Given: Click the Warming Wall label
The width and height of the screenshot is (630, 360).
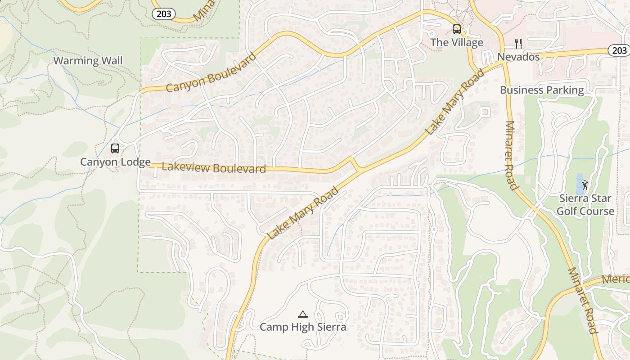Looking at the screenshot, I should pyautogui.click(x=88, y=61).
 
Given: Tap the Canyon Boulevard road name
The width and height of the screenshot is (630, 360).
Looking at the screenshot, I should pyautogui.click(x=211, y=72).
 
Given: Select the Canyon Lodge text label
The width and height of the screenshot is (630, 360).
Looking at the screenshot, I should pyautogui.click(x=115, y=162).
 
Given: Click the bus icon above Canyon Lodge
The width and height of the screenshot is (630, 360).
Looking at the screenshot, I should pyautogui.click(x=115, y=148).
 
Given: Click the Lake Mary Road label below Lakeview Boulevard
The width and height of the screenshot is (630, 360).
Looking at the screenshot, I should pyautogui.click(x=302, y=213).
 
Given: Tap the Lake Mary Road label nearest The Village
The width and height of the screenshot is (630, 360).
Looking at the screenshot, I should pyautogui.click(x=455, y=102).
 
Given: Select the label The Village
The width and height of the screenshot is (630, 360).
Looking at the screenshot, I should pyautogui.click(x=456, y=43).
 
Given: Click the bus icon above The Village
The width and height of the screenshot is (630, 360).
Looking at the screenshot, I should pyautogui.click(x=456, y=29).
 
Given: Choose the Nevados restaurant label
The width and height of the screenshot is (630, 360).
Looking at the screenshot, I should pyautogui.click(x=518, y=57).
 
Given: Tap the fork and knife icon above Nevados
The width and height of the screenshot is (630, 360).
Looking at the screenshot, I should pyautogui.click(x=518, y=44).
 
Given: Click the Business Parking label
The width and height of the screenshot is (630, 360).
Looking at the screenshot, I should pyautogui.click(x=542, y=90).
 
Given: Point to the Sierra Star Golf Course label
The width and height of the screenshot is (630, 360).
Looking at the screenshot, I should pyautogui.click(x=585, y=205).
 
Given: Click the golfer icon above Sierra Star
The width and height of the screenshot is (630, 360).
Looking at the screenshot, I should pyautogui.click(x=585, y=184).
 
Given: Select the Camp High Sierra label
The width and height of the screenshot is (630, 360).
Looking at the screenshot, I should pyautogui.click(x=303, y=327).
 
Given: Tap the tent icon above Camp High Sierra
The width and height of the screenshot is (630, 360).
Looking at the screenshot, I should pyautogui.click(x=303, y=314).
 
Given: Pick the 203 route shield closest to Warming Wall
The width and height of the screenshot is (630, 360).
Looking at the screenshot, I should pyautogui.click(x=163, y=14).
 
